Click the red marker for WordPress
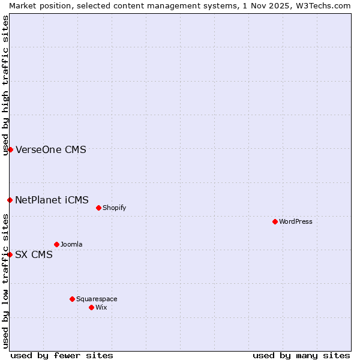coord(275,221)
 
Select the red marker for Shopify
coord(98,208)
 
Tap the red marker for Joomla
coord(56,244)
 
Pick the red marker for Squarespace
coord(72,299)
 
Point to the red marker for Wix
coord(91,307)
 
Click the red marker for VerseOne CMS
coord(10,149)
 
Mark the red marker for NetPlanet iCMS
coord(10,200)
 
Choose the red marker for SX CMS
coord(10,254)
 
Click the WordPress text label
coord(296,221)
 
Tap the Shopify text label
coord(114,208)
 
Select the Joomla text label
coord(71,244)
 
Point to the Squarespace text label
coord(97,299)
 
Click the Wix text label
coord(101,307)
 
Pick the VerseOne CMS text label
coord(51,149)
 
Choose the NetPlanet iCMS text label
coord(52,200)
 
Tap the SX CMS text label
coord(34,254)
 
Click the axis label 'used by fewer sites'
coord(62,355)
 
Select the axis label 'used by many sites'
coord(301,355)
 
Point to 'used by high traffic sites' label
coord(5,85)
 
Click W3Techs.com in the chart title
coord(320,5)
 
